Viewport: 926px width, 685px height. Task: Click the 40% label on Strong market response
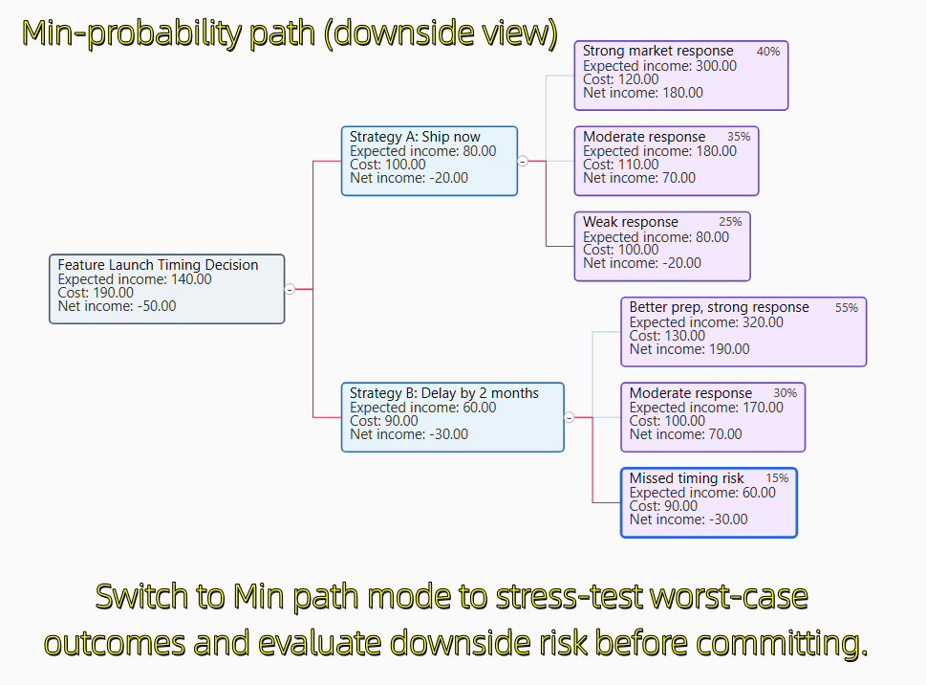768,52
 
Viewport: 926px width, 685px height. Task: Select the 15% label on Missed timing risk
777,478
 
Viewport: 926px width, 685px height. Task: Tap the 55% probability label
847,307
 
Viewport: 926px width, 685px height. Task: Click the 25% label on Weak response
730,222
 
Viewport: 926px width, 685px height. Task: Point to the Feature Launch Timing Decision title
159,265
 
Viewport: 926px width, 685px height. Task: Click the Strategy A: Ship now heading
415,137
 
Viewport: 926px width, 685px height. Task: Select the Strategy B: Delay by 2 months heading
444,393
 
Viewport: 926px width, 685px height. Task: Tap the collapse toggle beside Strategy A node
523,161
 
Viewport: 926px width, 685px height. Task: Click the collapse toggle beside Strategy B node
570,417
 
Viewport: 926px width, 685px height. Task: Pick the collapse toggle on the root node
290,289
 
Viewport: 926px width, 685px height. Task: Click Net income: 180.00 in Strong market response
643,93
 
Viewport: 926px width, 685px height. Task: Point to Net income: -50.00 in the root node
117,306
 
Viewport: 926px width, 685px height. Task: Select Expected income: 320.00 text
706,322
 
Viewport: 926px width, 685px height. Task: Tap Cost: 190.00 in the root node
96,293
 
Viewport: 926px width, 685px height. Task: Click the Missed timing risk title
686,478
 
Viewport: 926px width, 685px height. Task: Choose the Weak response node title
631,222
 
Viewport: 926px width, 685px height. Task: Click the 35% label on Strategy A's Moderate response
739,137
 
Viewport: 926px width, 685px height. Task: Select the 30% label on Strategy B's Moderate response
786,393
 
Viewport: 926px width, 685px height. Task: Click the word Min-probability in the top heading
132,33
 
